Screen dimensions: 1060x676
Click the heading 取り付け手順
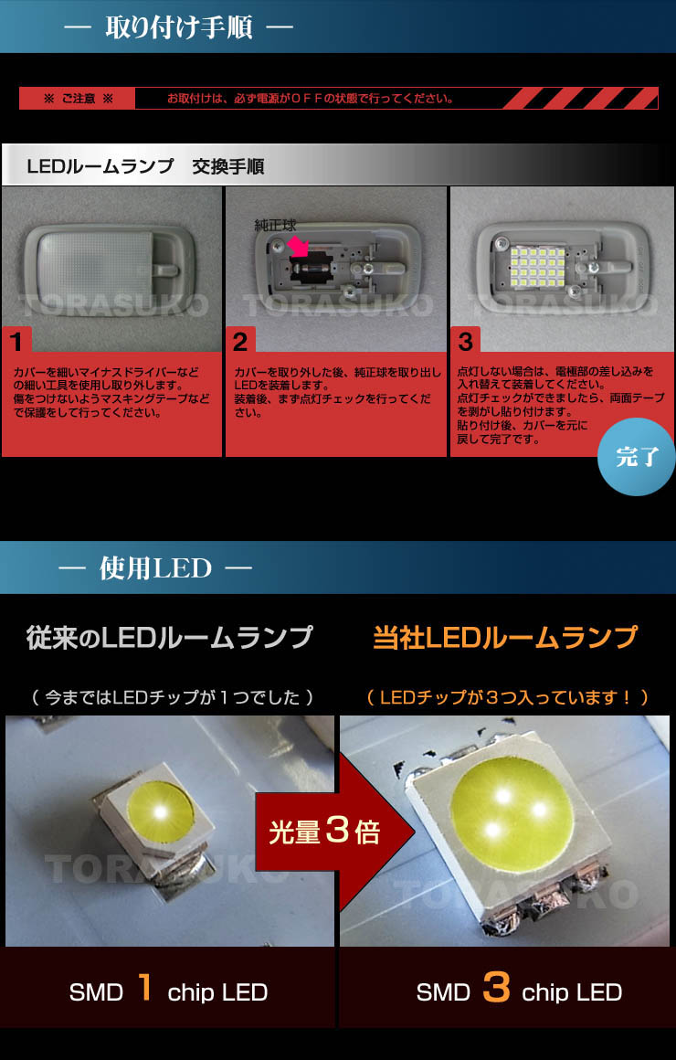pos(178,26)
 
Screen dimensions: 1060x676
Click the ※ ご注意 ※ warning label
pos(79,99)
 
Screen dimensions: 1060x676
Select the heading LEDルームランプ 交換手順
pos(145,167)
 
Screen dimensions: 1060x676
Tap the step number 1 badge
pos(16,342)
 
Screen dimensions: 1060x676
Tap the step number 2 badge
pos(240,342)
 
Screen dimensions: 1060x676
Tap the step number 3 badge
pos(465,342)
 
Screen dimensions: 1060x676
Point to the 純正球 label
pos(275,225)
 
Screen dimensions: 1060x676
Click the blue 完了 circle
pos(637,457)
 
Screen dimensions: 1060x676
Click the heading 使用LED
pos(155,568)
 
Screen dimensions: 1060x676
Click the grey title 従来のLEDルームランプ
pos(170,638)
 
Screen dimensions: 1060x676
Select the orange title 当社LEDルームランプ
pos(505,638)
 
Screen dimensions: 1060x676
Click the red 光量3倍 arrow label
pos(324,832)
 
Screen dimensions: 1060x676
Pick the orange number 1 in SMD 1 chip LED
pos(144,990)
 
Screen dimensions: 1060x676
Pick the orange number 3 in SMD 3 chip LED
pos(495,990)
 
